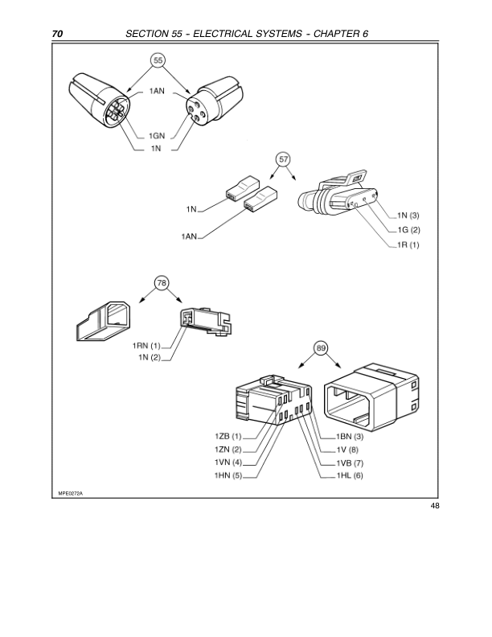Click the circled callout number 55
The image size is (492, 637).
point(158,60)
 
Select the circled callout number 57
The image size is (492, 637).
point(283,159)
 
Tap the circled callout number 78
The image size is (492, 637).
point(162,283)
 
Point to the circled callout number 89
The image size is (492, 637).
point(321,347)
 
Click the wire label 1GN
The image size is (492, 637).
point(158,137)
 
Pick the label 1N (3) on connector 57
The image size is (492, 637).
point(408,216)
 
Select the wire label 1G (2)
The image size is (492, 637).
point(408,230)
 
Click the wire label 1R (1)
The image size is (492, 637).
point(408,245)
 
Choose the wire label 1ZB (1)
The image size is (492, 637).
point(228,435)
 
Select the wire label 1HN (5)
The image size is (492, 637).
point(228,476)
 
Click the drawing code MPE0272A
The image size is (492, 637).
point(70,492)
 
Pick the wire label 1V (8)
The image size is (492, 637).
point(347,449)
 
